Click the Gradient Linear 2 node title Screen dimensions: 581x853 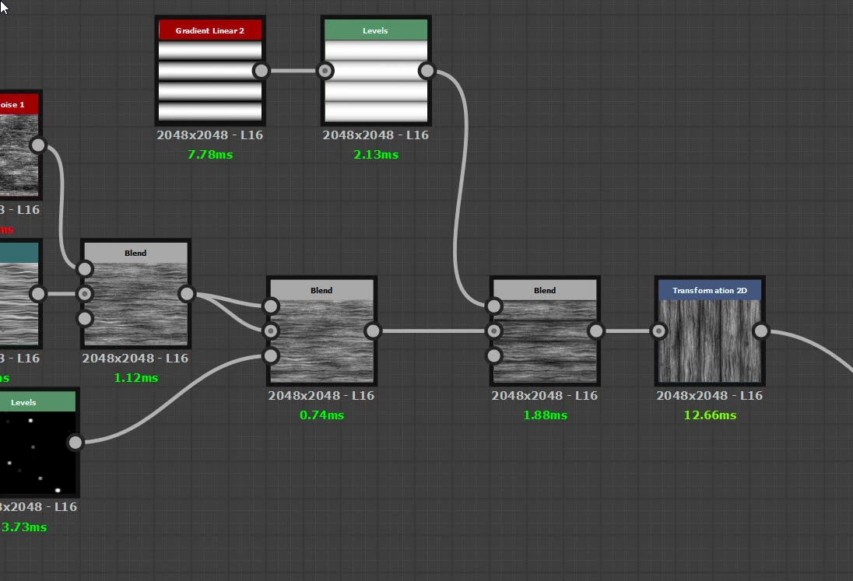click(x=210, y=30)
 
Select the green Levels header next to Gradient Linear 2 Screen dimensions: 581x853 click(x=376, y=30)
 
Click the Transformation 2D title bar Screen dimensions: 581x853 click(x=710, y=290)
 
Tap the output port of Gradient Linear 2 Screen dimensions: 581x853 click(x=262, y=71)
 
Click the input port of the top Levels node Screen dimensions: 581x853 click(x=325, y=71)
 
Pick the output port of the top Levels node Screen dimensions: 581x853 click(x=426, y=71)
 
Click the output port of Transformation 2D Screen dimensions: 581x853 click(x=760, y=331)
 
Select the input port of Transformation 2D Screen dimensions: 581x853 click(x=658, y=331)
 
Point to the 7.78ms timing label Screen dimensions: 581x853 click(x=210, y=154)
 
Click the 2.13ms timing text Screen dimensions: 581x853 click(x=376, y=154)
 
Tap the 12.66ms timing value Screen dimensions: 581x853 click(x=710, y=415)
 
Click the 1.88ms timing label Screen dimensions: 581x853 click(x=545, y=415)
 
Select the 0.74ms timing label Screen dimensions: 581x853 click(x=321, y=415)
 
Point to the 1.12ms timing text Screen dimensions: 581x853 click(x=135, y=377)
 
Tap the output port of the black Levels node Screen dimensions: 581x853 click(x=75, y=443)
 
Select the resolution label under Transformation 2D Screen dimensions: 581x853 click(x=710, y=395)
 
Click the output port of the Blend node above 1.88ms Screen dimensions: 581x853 click(x=595, y=331)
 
